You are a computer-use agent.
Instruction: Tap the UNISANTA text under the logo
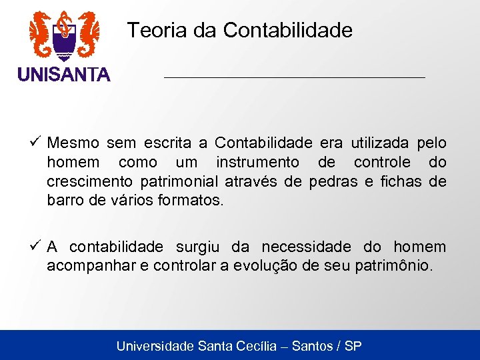point(64,75)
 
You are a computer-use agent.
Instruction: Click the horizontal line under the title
point(294,78)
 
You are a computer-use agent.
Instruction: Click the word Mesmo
point(73,143)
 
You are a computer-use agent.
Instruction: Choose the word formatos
point(191,199)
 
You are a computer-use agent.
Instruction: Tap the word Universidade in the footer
point(155,346)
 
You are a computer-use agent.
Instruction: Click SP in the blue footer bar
point(353,346)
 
